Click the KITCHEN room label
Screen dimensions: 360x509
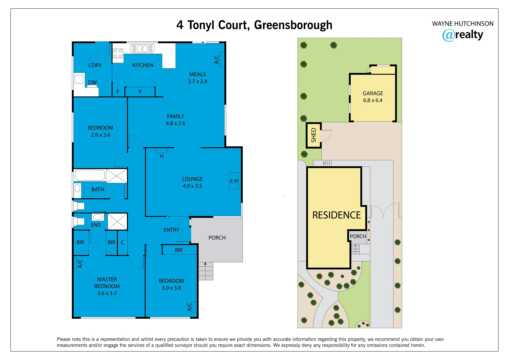tap(143, 65)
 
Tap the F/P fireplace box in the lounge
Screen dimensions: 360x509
tap(234, 181)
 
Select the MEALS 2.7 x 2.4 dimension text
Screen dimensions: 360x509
tap(197, 81)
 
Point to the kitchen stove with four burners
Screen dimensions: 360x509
tap(118, 54)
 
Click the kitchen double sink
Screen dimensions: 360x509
tap(142, 49)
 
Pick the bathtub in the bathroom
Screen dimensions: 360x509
tap(90, 175)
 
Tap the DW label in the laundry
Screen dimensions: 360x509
tap(92, 82)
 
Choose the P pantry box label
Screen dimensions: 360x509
tap(140, 92)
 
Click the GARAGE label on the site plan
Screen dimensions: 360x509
tap(373, 93)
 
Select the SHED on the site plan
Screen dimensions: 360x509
tap(314, 135)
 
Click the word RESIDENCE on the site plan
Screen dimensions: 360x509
tap(336, 215)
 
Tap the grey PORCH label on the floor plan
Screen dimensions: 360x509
tap(217, 238)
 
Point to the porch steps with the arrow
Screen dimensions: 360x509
tap(206, 271)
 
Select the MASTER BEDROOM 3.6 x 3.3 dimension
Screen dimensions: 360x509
tap(107, 293)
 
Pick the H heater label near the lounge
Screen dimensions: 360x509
tap(162, 156)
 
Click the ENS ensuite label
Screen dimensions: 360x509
tap(96, 225)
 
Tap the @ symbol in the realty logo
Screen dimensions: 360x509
tap(448, 35)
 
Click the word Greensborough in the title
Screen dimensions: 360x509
tap(293, 25)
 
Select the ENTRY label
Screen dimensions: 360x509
tap(171, 230)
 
